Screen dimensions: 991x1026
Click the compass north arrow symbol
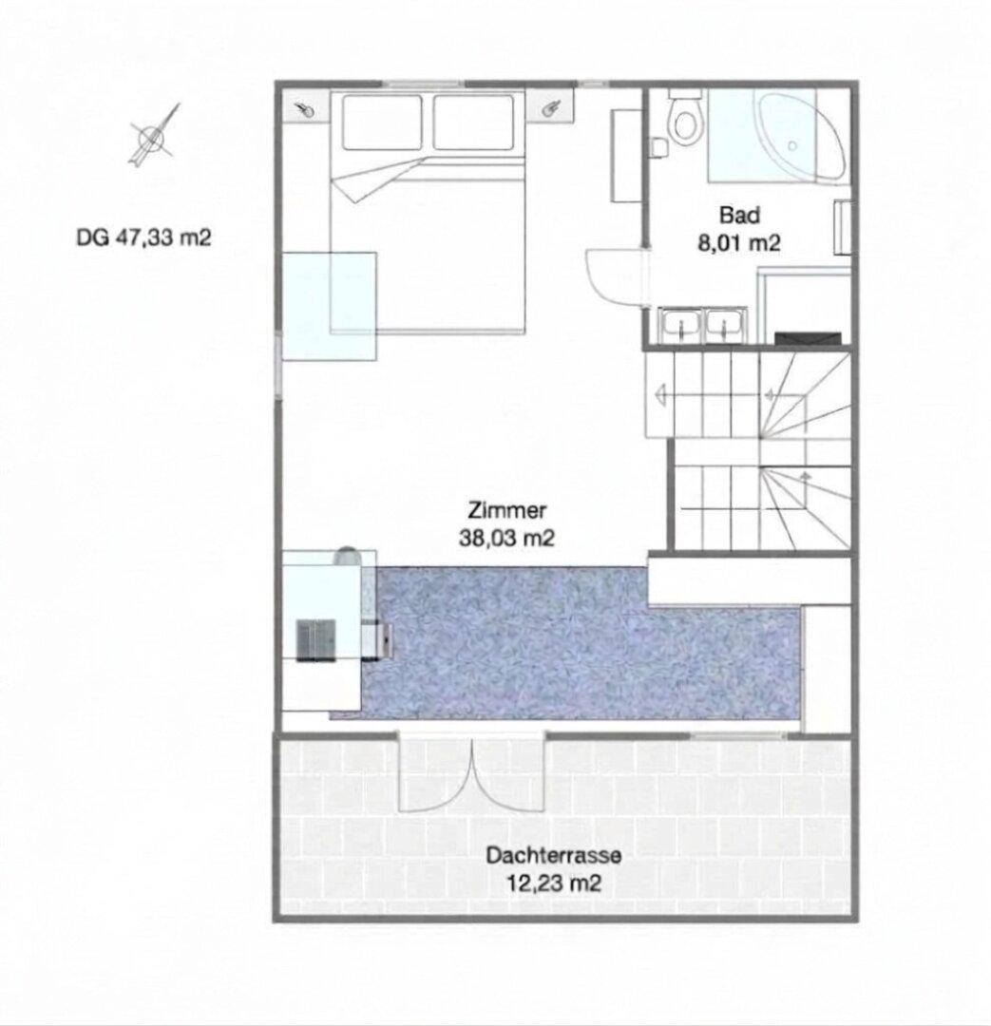pos(153,136)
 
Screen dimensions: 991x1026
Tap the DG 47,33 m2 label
pos(144,237)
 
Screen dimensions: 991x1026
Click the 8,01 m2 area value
pos(739,243)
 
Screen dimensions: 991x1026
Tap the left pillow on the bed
pos(382,123)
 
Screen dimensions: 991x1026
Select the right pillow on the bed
pos(473,123)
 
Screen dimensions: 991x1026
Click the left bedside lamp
pos(306,109)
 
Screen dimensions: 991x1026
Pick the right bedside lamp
pos(551,107)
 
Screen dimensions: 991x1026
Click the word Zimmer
pos(506,509)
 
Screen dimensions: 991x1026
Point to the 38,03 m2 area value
pos(506,538)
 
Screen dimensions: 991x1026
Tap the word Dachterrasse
pos(554,855)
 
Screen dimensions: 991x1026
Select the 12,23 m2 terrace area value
pos(554,884)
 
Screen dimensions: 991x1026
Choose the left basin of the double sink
pos(681,325)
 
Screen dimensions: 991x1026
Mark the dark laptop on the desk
pos(316,639)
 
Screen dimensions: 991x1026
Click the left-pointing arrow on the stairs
pos(659,394)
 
